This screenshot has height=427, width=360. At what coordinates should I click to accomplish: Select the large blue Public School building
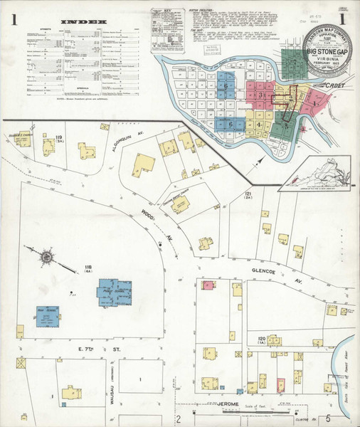click(x=113, y=292)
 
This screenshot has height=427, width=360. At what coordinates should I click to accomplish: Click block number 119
click(x=60, y=136)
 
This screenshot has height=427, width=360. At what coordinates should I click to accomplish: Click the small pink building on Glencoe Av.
click(x=207, y=285)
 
